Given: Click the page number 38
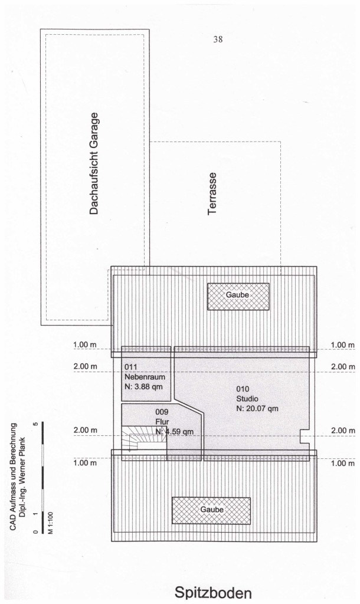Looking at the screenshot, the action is coord(218,40).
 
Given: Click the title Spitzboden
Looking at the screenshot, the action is coord(213,592).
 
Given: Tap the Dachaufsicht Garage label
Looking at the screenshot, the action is coord(94,163).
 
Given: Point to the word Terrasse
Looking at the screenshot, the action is coord(212,193).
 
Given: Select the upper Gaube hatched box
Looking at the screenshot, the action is coord(238,296).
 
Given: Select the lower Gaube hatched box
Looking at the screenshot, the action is coord(211,510).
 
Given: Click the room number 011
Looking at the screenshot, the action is coord(130,367).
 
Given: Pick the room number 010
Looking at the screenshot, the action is coord(243,389).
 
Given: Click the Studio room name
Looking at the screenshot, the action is coord(247,399).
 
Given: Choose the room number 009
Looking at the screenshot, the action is coord(162,412).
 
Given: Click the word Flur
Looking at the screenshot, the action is coord(162,422).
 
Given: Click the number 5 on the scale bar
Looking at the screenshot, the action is coord(36,425).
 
